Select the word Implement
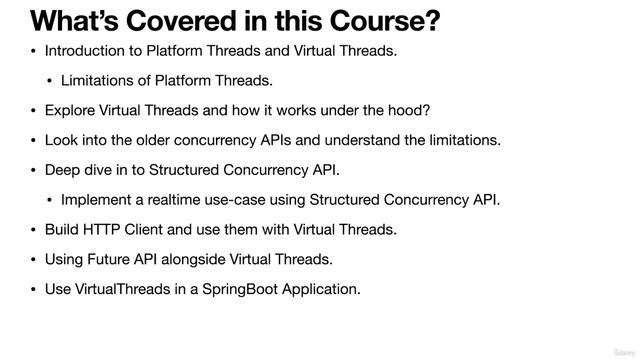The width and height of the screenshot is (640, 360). [97, 200]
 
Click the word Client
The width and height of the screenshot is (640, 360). [148, 230]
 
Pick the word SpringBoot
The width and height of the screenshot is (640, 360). [233, 290]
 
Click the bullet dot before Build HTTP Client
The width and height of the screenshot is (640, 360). [33, 230]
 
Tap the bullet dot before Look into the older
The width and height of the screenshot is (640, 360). [33, 140]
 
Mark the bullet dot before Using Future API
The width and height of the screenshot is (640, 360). [33, 260]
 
